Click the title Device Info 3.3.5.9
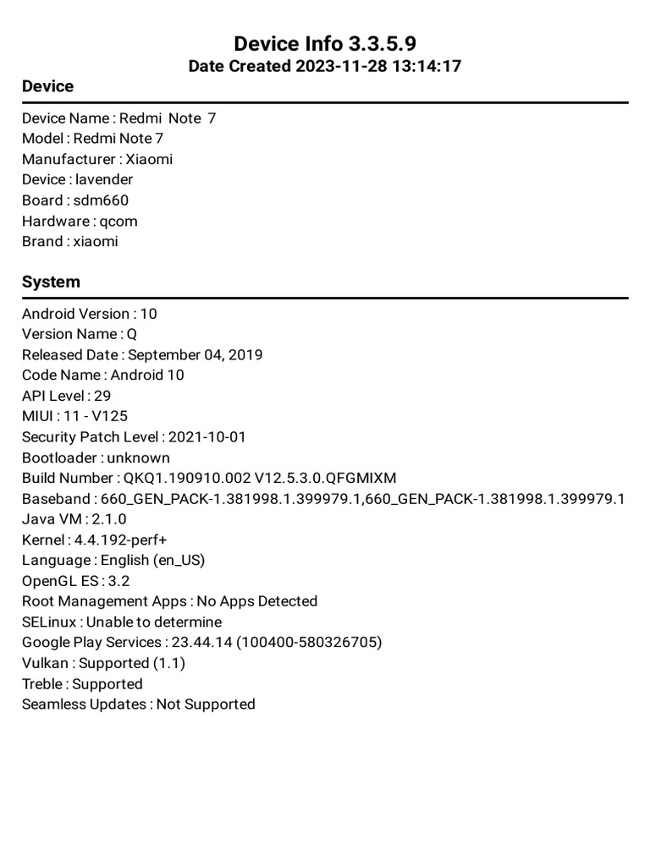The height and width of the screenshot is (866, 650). pos(325,44)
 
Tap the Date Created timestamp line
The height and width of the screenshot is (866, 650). pos(325,66)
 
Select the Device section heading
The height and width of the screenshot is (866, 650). pos(47,86)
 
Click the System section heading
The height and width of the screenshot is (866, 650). pos(51,282)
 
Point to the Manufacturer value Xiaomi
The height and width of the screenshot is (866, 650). pos(149,159)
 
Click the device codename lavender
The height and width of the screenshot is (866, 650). pos(104,179)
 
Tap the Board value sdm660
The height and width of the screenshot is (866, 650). pos(101,200)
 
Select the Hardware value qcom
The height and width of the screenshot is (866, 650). pos(118,221)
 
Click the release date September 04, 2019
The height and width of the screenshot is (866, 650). pos(195,354)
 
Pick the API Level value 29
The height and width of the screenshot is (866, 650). pos(102,396)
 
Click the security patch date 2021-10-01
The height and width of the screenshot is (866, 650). pos(207,437)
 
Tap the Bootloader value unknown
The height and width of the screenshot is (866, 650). pos(139,458)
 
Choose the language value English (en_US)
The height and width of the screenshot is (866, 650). pos(152,560)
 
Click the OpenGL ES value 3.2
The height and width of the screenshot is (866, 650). pos(118,581)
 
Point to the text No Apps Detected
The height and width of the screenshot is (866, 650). pos(256,601)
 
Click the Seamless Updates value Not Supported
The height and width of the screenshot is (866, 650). pos(206,704)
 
